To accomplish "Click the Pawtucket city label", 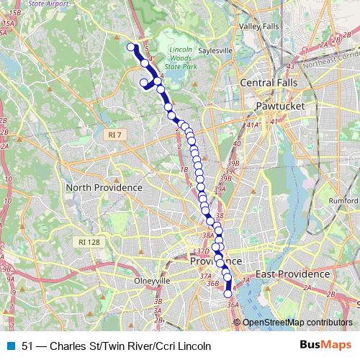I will pyautogui.click(x=281, y=106).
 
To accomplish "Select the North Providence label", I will pyautogui.click(x=104, y=187).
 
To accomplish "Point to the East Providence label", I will pyautogui.click(x=292, y=274).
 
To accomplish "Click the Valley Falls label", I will pyautogui.click(x=259, y=27).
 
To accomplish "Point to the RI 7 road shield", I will pyautogui.click(x=113, y=135).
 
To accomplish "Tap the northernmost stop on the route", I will pyautogui.click(x=132, y=48).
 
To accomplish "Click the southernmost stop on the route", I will pyautogui.click(x=228, y=293).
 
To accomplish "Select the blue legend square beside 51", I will pyautogui.click(x=10, y=346).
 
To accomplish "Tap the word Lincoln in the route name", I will pyautogui.click(x=193, y=346).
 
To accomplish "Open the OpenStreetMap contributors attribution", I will pyautogui.click(x=298, y=322).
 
